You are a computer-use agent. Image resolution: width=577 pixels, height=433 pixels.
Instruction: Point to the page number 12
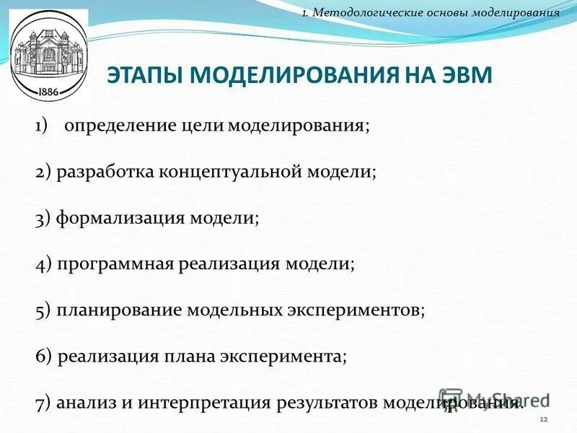click(x=544, y=420)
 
